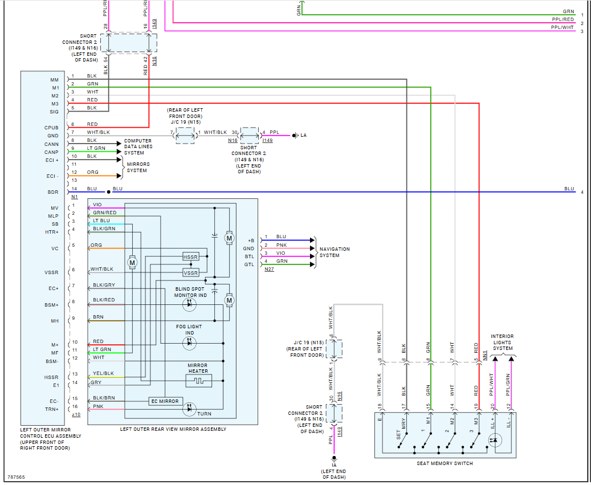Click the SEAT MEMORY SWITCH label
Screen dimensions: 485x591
445,463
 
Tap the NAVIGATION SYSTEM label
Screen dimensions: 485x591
335,252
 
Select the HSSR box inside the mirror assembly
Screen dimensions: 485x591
190,257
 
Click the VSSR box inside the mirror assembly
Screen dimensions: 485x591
190,273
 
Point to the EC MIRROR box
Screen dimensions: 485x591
165,401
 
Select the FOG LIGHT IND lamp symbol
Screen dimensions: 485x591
189,343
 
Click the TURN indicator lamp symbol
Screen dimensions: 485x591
189,409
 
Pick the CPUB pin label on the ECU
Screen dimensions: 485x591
52,128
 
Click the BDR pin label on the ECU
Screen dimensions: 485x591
53,192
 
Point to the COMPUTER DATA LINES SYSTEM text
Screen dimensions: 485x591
138,146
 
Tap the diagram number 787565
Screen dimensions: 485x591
16,477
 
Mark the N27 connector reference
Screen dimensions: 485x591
269,269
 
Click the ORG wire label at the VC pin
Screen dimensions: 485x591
96,246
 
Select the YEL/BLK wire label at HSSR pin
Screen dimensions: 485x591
103,374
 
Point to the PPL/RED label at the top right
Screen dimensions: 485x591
563,19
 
